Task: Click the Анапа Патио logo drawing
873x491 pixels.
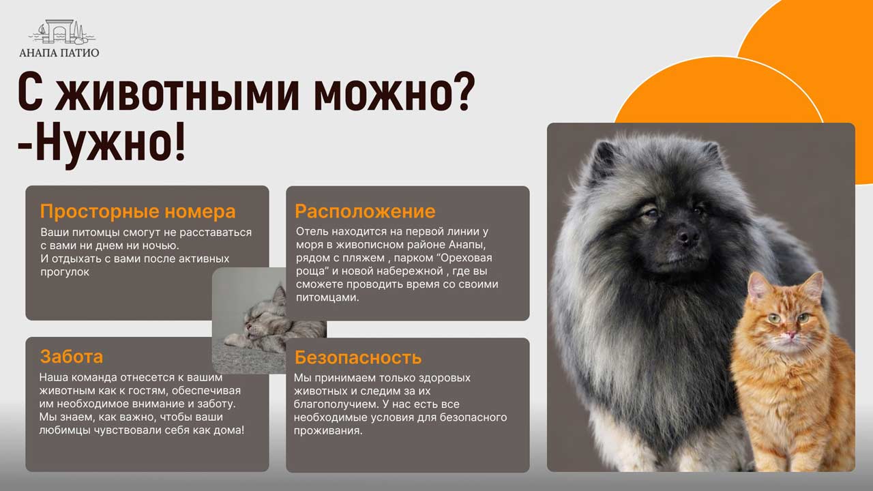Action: pos(61,31)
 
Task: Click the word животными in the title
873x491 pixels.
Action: pos(177,94)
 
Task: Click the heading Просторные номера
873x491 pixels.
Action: pos(138,211)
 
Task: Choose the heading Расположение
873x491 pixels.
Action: pos(365,211)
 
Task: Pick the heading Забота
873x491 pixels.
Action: pos(72,357)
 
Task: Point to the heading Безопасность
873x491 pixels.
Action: pos(358,357)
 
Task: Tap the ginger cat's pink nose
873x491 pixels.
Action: pos(791,334)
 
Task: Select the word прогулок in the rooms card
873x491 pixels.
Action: pos(65,272)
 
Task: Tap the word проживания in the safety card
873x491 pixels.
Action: pos(328,431)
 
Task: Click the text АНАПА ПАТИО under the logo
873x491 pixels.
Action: pos(59,53)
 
